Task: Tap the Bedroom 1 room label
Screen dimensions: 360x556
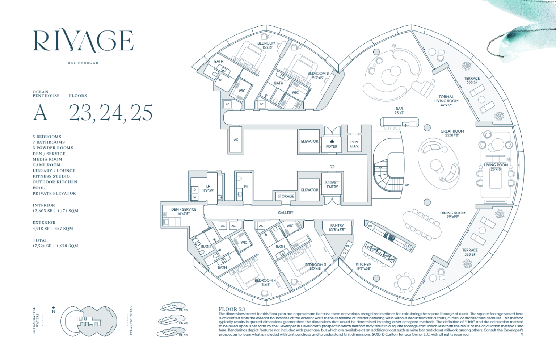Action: tap(268, 45)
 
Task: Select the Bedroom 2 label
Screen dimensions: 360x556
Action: tap(318, 75)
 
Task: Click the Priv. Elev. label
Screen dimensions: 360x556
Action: tap(354, 144)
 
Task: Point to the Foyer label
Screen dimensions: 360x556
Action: tap(332, 147)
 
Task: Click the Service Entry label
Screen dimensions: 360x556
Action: tap(332, 185)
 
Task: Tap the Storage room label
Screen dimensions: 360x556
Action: tap(286, 196)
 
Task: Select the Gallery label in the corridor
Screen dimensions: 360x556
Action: tap(286, 213)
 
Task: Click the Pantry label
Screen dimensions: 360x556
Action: tap(337, 227)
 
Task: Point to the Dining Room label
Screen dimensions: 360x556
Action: tap(452, 215)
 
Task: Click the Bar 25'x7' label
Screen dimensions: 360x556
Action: tap(399, 110)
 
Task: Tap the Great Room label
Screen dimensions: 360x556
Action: tap(452, 133)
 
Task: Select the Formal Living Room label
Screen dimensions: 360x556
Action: tap(446, 101)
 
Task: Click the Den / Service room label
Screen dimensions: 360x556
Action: tap(184, 212)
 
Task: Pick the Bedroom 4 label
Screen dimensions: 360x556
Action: tap(265, 282)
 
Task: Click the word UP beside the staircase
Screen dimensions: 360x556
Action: tap(407, 185)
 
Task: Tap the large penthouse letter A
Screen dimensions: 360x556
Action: tap(40, 113)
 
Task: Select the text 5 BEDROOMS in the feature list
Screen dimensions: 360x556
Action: tap(47, 137)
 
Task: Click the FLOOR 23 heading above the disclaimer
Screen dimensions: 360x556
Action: tap(232, 309)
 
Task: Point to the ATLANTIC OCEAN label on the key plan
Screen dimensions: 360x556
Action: tap(131, 321)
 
